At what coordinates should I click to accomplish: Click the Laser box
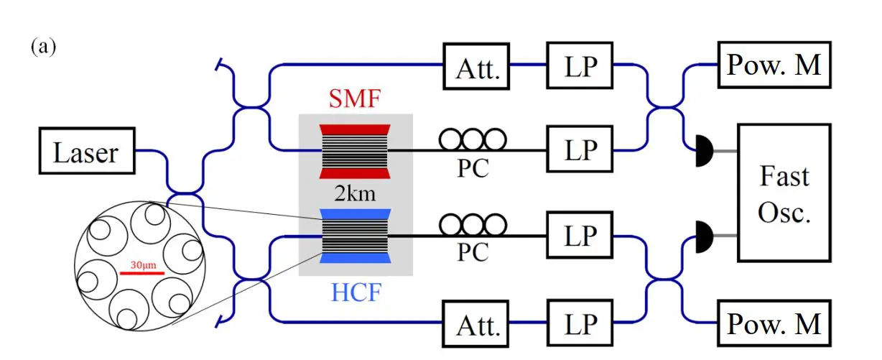85,152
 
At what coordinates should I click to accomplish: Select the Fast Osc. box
784,191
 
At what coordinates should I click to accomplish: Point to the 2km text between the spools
353,194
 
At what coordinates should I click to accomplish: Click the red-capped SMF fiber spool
353,151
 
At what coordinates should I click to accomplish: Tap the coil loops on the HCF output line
473,224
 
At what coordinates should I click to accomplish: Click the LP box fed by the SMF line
580,152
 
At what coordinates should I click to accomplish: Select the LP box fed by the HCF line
580,236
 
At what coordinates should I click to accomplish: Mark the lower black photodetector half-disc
705,235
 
